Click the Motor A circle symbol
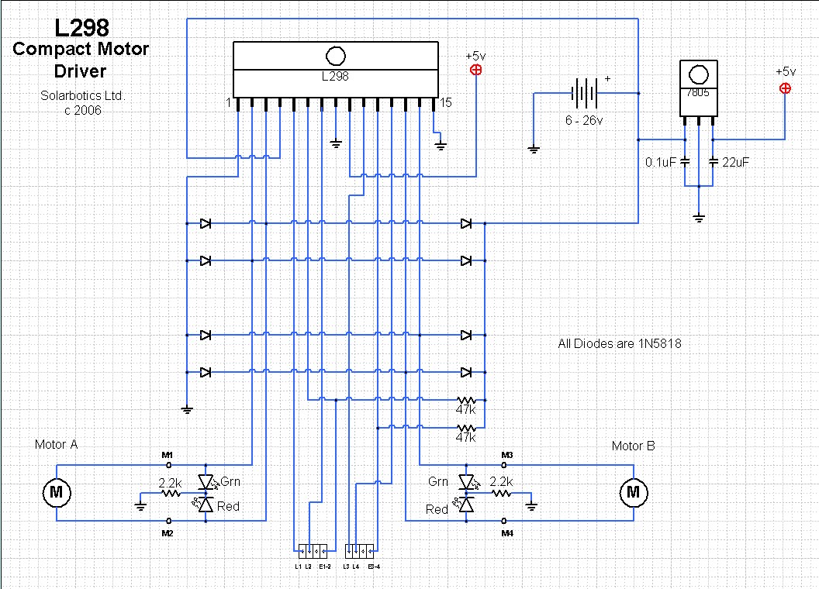point(56,491)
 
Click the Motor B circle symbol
point(634,491)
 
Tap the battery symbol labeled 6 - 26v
point(583,93)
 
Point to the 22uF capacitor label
point(736,163)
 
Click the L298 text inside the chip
point(335,77)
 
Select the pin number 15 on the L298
point(446,102)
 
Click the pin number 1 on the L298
point(228,102)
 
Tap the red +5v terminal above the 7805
point(785,88)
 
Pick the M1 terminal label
point(167,453)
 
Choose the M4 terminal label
point(507,534)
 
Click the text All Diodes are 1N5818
point(620,343)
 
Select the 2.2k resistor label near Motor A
point(170,482)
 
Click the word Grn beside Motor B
point(439,482)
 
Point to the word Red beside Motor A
point(229,506)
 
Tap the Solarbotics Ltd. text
point(82,96)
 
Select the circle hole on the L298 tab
point(335,56)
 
